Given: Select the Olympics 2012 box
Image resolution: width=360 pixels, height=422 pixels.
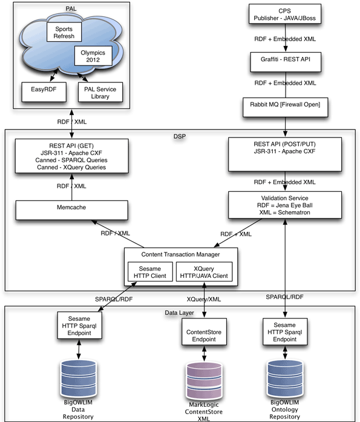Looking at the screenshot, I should pos(93,57).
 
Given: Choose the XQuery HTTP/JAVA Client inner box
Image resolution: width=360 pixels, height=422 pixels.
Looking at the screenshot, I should pos(206,272).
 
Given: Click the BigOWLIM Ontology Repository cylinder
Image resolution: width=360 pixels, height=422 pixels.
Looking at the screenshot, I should pos(284,377).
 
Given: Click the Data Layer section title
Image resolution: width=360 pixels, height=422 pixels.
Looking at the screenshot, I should pos(180,312).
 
